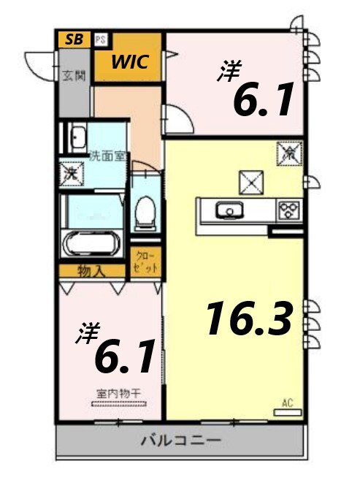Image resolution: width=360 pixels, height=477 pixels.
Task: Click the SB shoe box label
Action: [74, 39]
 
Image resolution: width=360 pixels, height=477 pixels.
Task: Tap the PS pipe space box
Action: [99, 39]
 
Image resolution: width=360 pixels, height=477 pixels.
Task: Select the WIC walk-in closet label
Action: [130, 62]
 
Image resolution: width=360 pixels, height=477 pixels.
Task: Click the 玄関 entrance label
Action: [73, 74]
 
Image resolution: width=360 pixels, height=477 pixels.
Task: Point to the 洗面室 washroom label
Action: [109, 155]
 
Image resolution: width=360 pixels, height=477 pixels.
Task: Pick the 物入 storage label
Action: [92, 271]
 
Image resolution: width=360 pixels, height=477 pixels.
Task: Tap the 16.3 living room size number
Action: [249, 319]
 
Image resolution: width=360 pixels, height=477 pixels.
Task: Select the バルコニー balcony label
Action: [180, 440]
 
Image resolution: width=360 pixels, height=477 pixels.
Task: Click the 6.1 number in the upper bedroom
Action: [263, 100]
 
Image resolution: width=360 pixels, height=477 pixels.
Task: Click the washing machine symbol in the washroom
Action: [72, 173]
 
